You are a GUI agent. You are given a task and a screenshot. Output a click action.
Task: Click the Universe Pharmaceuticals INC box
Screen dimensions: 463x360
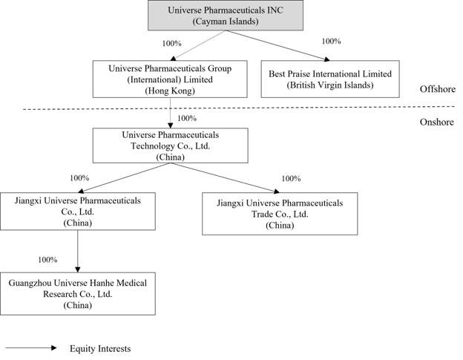coord(226,16)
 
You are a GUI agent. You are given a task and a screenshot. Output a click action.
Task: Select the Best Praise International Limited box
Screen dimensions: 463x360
coord(330,79)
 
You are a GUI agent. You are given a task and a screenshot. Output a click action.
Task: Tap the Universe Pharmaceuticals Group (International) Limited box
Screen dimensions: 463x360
coord(170,79)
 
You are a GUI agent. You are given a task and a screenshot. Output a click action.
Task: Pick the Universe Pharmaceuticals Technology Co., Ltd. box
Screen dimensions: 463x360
coord(171,145)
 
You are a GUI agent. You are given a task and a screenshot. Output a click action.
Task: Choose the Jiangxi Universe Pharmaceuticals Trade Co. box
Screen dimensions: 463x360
coord(280,214)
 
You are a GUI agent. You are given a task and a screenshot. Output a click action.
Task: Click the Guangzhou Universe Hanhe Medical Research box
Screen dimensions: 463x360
coord(78,294)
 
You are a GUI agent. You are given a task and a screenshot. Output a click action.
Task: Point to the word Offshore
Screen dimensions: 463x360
coord(438,89)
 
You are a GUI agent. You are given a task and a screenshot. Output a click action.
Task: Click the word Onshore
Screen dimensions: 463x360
coord(437,122)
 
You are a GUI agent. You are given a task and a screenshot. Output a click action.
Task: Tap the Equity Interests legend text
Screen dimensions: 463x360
coord(100,349)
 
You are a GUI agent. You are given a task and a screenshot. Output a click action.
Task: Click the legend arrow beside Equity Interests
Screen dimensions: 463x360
coord(31,348)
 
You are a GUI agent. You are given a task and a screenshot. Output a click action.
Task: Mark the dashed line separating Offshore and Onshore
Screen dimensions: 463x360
coord(239,108)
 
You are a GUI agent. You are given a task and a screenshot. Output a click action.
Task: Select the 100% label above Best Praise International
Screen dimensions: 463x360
coord(332,42)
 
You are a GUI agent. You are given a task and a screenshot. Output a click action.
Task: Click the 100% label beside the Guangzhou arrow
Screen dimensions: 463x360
coord(47,260)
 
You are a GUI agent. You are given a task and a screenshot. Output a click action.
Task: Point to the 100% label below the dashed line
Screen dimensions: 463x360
coord(187,119)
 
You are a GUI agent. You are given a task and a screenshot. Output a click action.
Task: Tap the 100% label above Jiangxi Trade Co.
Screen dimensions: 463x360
coord(291,179)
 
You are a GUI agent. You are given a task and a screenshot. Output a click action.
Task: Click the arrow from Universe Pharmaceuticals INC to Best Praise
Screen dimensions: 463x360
coord(278,45)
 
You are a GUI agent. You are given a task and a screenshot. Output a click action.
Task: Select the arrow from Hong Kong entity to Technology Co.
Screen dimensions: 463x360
coord(171,113)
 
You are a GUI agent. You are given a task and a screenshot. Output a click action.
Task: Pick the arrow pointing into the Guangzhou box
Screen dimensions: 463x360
coord(78,252)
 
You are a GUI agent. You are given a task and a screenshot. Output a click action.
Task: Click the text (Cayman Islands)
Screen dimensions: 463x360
coord(226,22)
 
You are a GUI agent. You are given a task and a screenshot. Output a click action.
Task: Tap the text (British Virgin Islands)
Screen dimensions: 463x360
coord(330,85)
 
